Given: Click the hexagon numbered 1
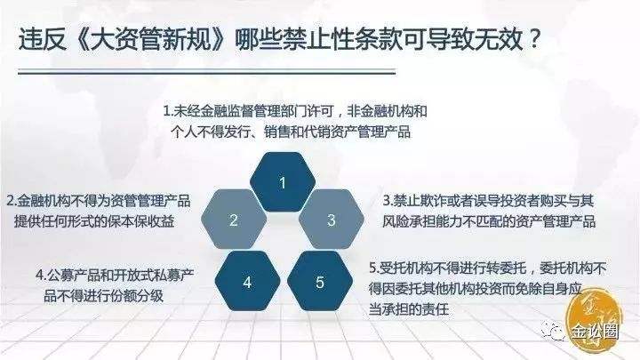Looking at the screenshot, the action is click(x=283, y=182).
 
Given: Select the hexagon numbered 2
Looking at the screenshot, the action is click(x=234, y=220).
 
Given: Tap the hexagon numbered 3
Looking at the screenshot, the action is click(x=332, y=220).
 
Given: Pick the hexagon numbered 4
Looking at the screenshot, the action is click(x=247, y=281).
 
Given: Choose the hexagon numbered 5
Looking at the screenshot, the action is click(x=320, y=281).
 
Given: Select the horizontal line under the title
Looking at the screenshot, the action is click(x=206, y=72).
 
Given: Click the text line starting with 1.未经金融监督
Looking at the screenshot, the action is click(x=295, y=111).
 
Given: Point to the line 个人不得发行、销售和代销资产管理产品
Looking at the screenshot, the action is click(x=291, y=132).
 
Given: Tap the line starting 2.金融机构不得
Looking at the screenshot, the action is click(x=99, y=201).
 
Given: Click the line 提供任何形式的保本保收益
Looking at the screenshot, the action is click(x=94, y=221).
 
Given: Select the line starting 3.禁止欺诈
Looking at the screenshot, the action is click(x=488, y=201).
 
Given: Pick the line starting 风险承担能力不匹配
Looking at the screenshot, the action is click(x=489, y=221).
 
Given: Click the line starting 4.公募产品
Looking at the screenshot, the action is click(x=115, y=275).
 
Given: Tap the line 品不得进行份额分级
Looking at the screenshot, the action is click(x=104, y=295).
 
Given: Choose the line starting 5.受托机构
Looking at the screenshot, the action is click(x=488, y=268).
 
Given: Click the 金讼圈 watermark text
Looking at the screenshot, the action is click(x=595, y=332).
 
